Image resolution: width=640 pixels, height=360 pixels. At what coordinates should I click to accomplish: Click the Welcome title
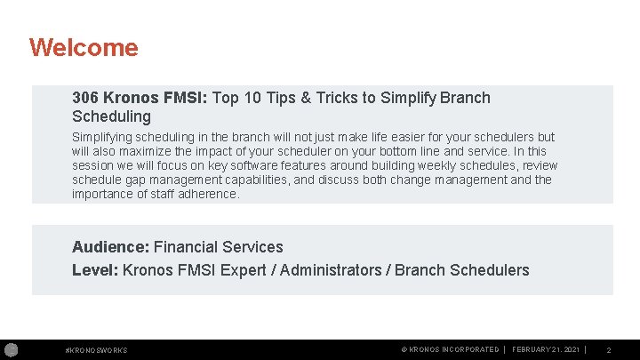click(x=84, y=47)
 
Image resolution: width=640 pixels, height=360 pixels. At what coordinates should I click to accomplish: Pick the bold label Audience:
click(x=111, y=247)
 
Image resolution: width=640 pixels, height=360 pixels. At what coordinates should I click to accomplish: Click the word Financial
click(x=188, y=247)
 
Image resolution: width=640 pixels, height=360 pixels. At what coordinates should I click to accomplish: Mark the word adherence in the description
click(x=209, y=194)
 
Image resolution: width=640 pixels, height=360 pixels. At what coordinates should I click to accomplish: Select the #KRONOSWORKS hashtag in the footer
click(x=96, y=350)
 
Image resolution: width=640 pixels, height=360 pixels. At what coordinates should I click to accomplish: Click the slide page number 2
click(x=608, y=350)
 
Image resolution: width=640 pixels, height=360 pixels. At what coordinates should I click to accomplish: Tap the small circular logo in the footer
click(x=11, y=349)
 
